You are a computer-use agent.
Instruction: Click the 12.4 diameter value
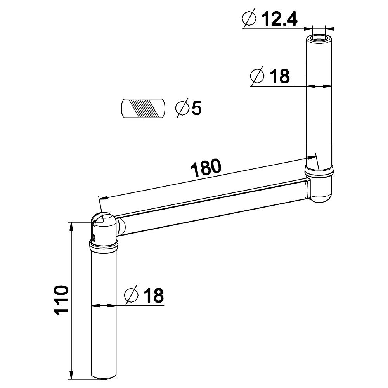[x=279, y=19]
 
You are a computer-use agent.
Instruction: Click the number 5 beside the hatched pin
[x=197, y=108]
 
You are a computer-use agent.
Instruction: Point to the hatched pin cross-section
[x=143, y=108]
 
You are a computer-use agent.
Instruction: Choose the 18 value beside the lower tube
[x=154, y=295]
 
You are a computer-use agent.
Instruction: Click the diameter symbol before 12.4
[x=249, y=18]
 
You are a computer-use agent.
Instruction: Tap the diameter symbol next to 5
[x=182, y=108]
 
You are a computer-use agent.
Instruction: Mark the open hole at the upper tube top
[x=319, y=39]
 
